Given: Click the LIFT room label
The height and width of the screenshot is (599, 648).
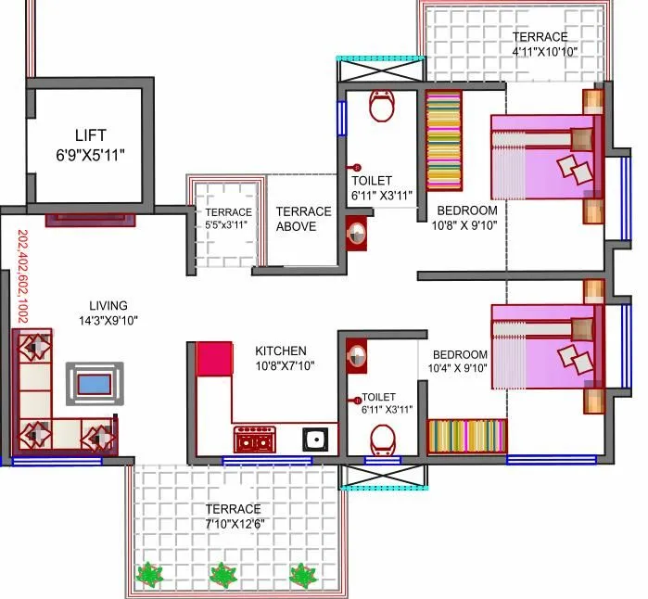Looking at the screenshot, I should click(90, 134).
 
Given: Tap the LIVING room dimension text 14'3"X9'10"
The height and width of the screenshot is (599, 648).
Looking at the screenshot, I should click(108, 321).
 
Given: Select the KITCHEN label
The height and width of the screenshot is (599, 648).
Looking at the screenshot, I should click(281, 350).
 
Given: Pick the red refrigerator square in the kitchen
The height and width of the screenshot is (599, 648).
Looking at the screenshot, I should click(214, 358).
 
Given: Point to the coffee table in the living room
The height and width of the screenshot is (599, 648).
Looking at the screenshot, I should click(94, 383).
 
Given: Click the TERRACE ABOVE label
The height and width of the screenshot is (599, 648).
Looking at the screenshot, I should click(303, 219).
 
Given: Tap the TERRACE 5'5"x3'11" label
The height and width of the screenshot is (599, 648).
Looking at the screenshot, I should click(228, 218).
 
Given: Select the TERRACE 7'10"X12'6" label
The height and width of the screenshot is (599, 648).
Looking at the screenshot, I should click(232, 516).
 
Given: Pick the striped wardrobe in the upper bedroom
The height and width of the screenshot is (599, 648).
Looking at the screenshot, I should click(443, 141).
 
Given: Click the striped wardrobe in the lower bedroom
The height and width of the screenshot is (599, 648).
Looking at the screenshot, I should click(466, 436).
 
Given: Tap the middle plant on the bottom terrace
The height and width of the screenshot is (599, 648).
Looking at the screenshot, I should click(222, 575).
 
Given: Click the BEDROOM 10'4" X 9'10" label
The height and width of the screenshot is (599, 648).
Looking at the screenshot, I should click(459, 362).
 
